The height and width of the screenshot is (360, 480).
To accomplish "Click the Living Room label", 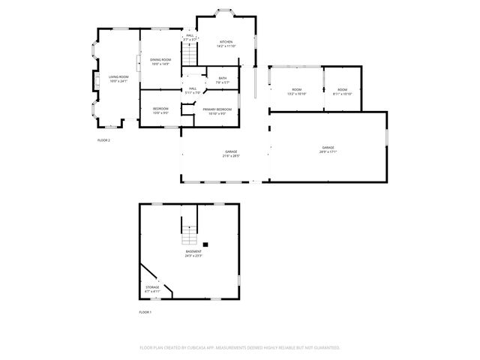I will pyautogui.click(x=118, y=78).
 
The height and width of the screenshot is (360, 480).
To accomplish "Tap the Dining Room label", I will pyautogui.click(x=160, y=61).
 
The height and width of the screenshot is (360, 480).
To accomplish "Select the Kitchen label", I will pyautogui.click(x=226, y=43).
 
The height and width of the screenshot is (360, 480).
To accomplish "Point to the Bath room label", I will pyautogui.click(x=223, y=79).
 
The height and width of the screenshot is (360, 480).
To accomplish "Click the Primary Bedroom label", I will pyautogui.click(x=217, y=111).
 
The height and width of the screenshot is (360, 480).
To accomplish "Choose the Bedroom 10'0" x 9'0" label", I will pyautogui.click(x=160, y=110).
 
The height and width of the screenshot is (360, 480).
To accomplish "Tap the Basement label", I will pyautogui.click(x=193, y=253).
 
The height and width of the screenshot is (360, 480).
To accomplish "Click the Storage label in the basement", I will pyautogui.click(x=152, y=289).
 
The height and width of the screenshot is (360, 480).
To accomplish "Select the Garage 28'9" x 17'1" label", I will pyautogui.click(x=328, y=149).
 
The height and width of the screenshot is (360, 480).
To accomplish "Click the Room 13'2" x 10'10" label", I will pyautogui.click(x=296, y=91).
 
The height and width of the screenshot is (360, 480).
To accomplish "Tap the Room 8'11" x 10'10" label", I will pyautogui.click(x=342, y=91).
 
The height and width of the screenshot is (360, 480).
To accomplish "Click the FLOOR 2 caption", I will pyautogui.click(x=103, y=140).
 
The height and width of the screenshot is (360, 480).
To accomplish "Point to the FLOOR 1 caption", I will pyautogui.click(x=145, y=311).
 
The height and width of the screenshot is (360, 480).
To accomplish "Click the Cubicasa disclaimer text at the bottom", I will pyautogui.click(x=240, y=347).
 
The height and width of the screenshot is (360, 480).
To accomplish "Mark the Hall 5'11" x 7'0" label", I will pyautogui.click(x=193, y=90).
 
